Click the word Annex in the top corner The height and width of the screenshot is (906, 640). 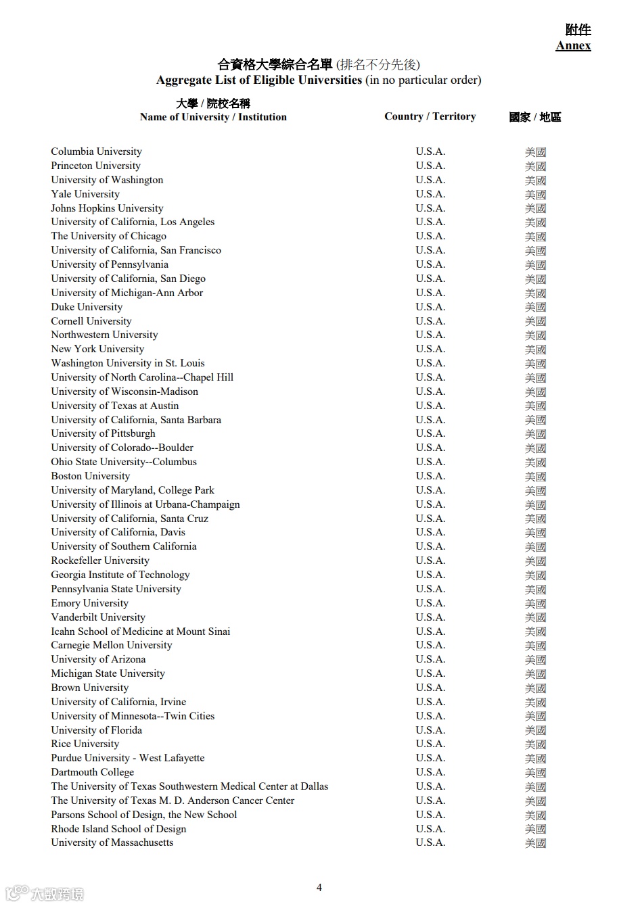pos(573,46)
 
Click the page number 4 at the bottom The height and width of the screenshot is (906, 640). pos(319,888)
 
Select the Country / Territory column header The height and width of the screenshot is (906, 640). pos(430,116)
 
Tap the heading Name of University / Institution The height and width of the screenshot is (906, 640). pos(213,117)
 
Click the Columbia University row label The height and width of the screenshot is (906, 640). pos(96,151)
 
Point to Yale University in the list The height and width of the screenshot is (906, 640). pos(85,194)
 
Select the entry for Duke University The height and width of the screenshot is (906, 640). pos(87,307)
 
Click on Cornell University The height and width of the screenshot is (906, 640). pos(91,321)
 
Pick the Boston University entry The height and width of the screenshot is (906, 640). pos(90,476)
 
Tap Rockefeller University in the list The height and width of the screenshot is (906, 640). pos(100,561)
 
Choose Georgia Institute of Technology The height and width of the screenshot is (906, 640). pos(120,575)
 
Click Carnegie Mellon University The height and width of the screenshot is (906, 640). pos(112,645)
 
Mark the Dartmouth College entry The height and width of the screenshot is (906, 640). pos(93,772)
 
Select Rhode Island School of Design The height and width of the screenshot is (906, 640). pos(118,829)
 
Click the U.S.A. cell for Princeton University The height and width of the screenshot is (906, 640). pos(430,166)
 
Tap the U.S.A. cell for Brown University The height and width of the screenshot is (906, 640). pos(430,688)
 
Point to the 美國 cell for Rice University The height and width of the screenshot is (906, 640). pos(535,744)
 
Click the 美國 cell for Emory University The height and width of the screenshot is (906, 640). pos(535,604)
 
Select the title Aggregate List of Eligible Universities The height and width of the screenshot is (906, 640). pos(259,80)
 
